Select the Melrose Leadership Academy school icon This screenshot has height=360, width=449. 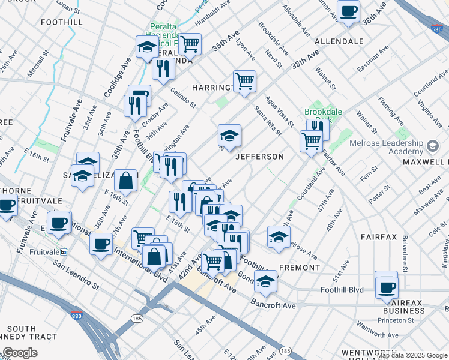432,146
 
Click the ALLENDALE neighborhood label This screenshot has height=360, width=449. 339,41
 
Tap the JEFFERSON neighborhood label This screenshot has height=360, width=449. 259,157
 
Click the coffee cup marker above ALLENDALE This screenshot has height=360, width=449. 348,11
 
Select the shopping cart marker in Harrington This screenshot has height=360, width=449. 244,81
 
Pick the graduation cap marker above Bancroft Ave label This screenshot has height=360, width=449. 265,280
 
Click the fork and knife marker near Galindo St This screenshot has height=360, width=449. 163,69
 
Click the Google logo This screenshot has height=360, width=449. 20,353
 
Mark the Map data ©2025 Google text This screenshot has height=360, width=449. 412,356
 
